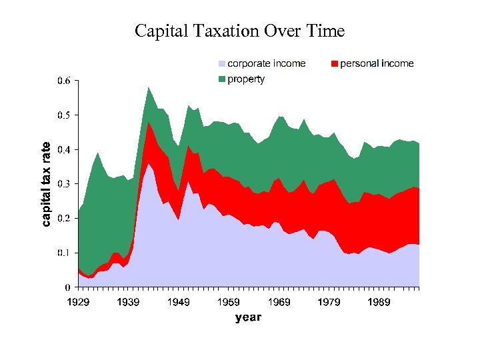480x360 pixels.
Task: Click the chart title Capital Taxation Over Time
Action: pyautogui.click(x=239, y=31)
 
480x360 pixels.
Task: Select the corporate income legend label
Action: pyautogui.click(x=267, y=63)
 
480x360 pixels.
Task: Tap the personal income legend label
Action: pyautogui.click(x=377, y=63)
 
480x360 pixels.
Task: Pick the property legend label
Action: pyautogui.click(x=246, y=79)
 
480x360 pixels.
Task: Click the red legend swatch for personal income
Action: pyautogui.click(x=335, y=64)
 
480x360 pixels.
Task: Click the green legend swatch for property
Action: pyautogui.click(x=222, y=80)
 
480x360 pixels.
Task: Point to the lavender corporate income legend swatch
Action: pyautogui.click(x=222, y=64)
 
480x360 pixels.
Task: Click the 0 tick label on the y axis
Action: pyautogui.click(x=68, y=287)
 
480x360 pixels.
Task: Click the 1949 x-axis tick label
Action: pyautogui.click(x=178, y=303)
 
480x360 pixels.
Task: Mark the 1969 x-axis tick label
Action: pyautogui.click(x=279, y=303)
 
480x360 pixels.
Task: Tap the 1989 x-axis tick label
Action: pyautogui.click(x=379, y=303)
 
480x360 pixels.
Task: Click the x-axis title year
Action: pyautogui.click(x=248, y=317)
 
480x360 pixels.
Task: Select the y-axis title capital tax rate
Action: pyautogui.click(x=46, y=184)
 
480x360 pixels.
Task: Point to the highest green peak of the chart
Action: pyautogui.click(x=148, y=87)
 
